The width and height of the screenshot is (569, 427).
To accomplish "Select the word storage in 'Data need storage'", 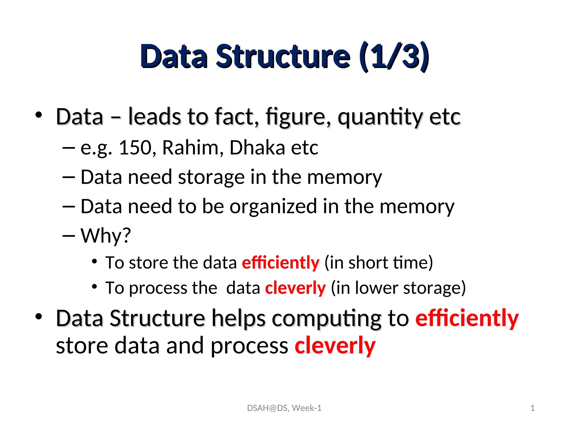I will [211, 177].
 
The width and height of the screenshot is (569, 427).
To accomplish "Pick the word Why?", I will [106, 236].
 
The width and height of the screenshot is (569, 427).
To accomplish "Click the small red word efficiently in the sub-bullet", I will [281, 262].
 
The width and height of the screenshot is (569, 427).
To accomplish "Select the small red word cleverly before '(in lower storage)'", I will [295, 288].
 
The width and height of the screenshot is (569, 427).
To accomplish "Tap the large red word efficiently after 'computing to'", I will [467, 319].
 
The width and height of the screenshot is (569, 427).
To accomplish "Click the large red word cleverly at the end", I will [335, 346].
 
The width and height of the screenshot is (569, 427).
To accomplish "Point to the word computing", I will [326, 319].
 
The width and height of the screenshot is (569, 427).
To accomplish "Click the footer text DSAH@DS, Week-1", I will [284, 408].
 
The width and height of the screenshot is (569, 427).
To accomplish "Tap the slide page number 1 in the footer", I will [532, 408].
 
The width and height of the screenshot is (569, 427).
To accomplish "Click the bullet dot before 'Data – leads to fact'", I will [39, 115].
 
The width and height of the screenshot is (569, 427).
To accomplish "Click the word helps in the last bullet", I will [238, 319].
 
